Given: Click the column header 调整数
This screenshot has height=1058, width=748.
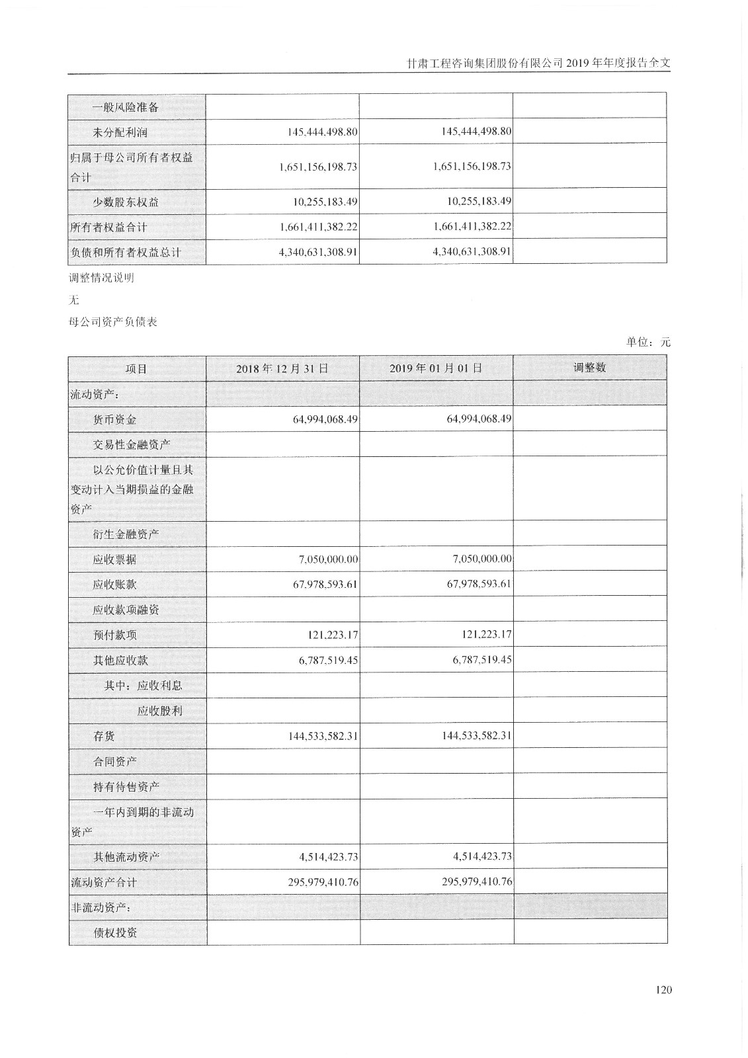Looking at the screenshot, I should (589, 368).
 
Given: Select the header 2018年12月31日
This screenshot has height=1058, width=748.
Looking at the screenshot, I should (282, 368).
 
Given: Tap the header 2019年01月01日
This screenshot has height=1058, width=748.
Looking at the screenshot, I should (436, 368).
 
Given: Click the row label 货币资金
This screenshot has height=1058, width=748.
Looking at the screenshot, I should (115, 419).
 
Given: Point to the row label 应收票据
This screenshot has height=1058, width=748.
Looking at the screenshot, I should (115, 559).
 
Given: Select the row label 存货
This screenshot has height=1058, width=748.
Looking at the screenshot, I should (104, 735).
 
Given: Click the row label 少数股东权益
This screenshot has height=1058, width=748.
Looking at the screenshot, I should (126, 202).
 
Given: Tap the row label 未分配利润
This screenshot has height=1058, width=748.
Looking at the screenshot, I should (120, 132).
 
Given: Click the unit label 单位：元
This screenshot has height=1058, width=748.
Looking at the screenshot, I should (648, 342).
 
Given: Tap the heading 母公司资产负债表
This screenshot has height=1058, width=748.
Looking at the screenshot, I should (113, 323).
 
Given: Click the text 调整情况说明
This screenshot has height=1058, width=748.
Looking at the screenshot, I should (101, 278).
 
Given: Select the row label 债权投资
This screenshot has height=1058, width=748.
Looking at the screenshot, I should (115, 932).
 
